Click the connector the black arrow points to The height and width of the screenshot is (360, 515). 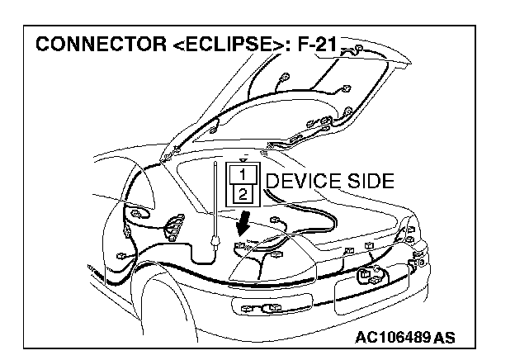click(x=242, y=246)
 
